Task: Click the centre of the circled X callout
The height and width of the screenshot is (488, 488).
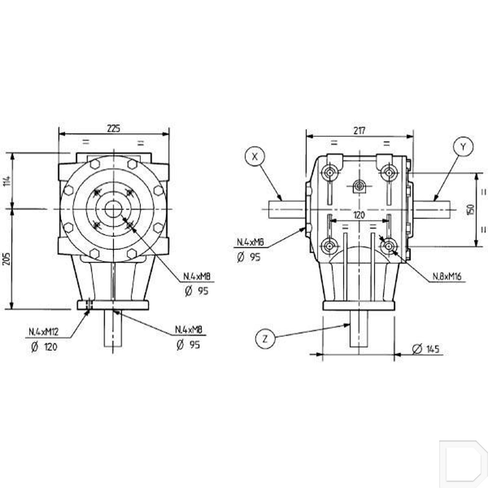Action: point(255,156)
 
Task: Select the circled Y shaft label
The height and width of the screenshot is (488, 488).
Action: point(463,147)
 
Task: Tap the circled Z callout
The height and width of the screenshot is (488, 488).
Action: point(265,339)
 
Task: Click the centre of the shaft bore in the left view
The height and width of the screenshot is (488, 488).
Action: point(114,209)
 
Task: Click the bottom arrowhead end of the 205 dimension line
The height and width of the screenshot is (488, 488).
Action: point(12,309)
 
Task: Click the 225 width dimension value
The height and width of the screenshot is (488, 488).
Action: point(114,128)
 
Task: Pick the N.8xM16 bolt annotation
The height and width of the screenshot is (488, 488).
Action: point(447,277)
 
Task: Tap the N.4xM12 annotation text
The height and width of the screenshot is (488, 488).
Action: point(44,332)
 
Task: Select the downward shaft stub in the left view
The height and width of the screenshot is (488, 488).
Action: point(113,328)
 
